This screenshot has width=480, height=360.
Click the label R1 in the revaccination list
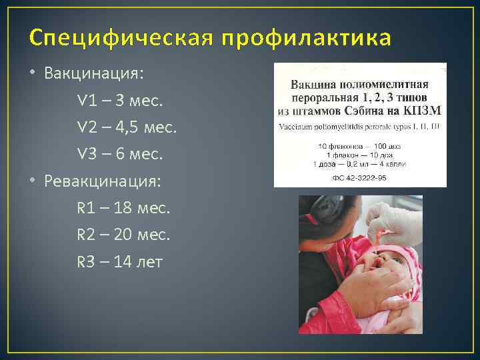click(85, 208)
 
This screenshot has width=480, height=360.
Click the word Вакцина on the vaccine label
click(313, 85)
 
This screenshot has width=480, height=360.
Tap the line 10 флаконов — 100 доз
click(360, 145)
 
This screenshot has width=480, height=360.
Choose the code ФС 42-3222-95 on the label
click(360, 178)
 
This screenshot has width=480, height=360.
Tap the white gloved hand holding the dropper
click(393, 220)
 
